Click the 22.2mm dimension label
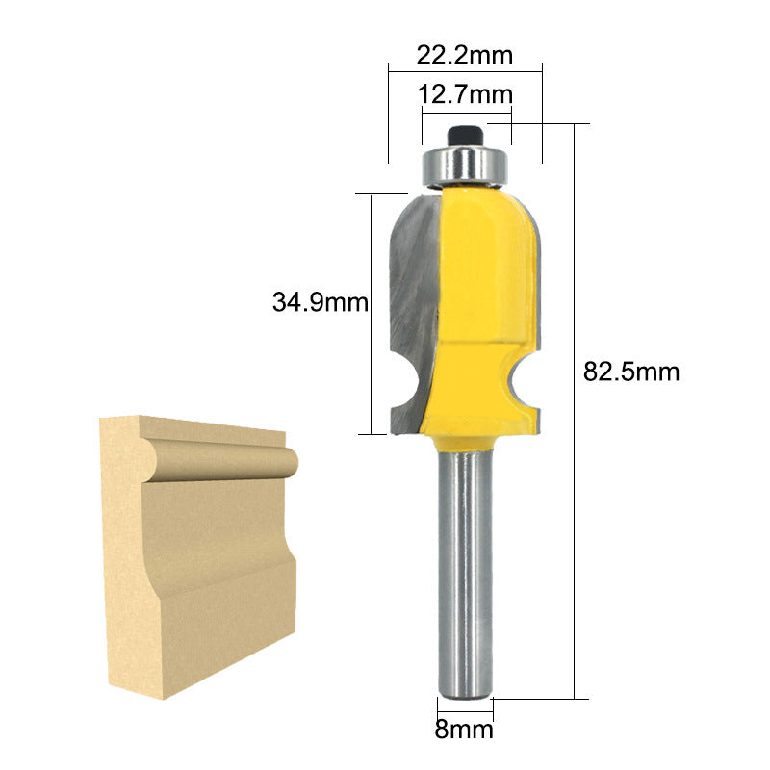(465, 55)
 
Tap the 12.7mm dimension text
(465, 94)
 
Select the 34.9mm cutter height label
(320, 303)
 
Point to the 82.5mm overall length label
(631, 372)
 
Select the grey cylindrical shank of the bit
(466, 568)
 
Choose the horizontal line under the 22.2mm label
(465, 67)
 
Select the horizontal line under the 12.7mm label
(466, 110)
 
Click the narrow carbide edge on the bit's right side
(540, 289)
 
